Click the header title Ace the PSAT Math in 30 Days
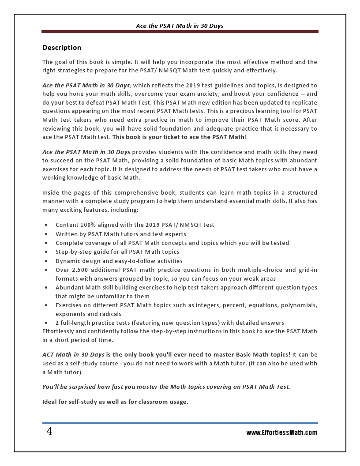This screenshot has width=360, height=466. tap(180, 26)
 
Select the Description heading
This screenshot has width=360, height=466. tap(62, 48)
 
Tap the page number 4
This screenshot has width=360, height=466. tap(49, 432)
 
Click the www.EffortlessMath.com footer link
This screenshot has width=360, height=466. tap(281, 433)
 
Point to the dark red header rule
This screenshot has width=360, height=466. tap(180, 32)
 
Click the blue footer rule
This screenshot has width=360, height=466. tap(180, 423)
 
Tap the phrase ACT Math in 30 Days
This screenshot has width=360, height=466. tap(73, 354)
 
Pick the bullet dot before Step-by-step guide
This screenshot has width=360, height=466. tap(46, 252)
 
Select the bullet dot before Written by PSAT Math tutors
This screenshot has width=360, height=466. tap(46, 234)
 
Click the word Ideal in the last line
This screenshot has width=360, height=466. tap(50, 402)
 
